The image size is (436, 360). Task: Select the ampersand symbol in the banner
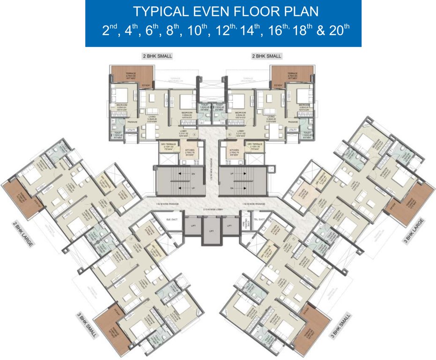point(321,31)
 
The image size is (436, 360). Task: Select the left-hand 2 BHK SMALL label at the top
point(157,56)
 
